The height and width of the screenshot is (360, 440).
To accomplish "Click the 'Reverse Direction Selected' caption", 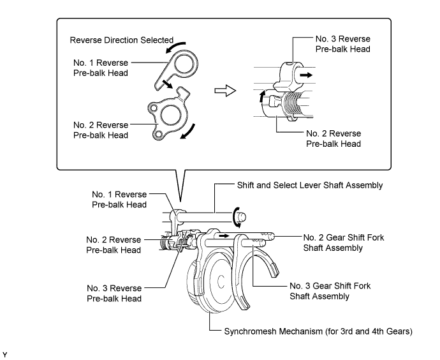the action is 122,40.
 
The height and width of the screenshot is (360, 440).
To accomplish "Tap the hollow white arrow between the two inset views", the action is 225,91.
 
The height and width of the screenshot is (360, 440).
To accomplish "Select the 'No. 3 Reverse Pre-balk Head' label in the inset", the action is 342,44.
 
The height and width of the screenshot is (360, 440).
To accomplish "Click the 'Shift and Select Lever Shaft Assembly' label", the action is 310,185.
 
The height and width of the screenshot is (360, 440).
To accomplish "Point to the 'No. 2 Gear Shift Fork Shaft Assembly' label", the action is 344,243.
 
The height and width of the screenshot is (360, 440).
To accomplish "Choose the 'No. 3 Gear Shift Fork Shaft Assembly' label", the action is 330,291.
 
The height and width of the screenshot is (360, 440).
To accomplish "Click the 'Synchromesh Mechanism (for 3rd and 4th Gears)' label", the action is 318,331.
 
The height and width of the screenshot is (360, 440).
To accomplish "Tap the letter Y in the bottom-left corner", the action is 4,355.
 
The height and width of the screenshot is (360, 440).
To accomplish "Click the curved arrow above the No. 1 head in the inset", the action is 175,47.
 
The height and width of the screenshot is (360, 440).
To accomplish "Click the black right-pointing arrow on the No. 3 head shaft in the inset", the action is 306,75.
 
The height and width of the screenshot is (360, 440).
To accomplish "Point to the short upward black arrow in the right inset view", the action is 262,96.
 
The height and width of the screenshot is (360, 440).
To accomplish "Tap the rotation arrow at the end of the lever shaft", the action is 236,218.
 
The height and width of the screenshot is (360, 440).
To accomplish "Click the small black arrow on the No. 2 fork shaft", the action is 224,236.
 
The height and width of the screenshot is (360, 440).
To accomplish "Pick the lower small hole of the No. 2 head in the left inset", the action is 159,135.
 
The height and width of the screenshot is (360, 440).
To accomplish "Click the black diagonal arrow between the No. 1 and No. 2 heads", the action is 168,84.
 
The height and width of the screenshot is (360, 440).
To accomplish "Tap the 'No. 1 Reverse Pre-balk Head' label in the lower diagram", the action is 119,199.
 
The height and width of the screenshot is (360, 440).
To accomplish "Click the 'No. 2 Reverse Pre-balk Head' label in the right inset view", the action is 334,139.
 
